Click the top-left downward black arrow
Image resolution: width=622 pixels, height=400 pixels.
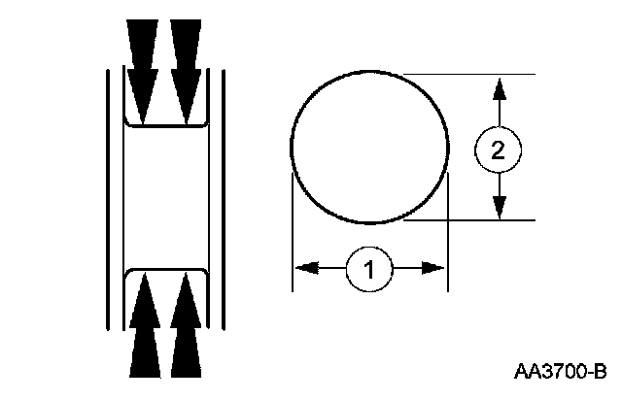[x=143, y=68]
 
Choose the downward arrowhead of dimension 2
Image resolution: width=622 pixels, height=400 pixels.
[x=499, y=208]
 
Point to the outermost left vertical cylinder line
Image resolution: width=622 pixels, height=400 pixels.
[x=106, y=194]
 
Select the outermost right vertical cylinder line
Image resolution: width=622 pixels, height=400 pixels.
[x=225, y=194]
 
